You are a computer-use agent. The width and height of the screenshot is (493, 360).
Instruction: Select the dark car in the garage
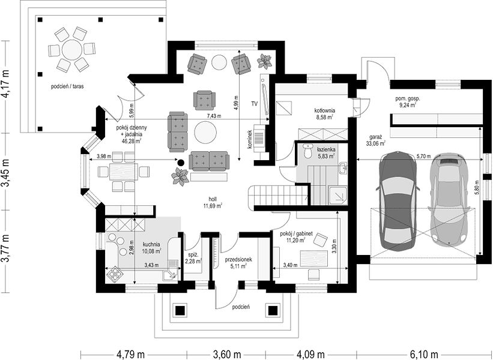pyautogui.click(x=398, y=200)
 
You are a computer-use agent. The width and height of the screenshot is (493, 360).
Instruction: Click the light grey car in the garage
pyautogui.click(x=449, y=200)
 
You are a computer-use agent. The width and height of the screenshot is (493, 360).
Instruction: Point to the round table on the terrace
pyautogui.click(x=72, y=50)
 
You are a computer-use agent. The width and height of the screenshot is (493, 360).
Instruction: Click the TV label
pyautogui.click(x=255, y=103)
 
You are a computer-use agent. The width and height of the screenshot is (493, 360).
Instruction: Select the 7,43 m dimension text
pyautogui.click(x=214, y=116)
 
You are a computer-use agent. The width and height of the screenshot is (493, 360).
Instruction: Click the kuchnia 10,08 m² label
pyautogui.click(x=151, y=247)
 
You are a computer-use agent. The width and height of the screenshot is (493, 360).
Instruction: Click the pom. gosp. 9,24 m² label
pyautogui.click(x=407, y=102)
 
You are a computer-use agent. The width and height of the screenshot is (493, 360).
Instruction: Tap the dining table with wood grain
pyautogui.click(x=124, y=172)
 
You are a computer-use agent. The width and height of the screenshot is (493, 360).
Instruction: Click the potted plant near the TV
pyautogui.click(x=264, y=61)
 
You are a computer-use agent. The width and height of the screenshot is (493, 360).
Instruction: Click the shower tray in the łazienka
pyautogui.click(x=337, y=195)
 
